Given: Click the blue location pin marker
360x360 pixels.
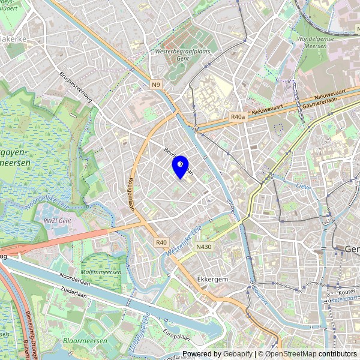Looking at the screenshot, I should pos(180,166).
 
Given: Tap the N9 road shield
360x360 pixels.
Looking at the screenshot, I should pos(156,84).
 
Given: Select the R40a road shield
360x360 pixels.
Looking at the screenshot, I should pos(238,118).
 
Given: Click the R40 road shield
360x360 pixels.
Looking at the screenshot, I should pos(160,242).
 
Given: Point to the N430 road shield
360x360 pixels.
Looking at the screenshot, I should pos(203,247).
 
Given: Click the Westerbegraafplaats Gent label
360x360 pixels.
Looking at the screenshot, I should pos(175,56).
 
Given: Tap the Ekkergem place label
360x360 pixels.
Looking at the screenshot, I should pos(211,280).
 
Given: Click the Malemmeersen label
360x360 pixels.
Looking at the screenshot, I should pos(101,272).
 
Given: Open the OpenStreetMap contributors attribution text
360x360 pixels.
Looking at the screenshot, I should pos(311,354).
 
